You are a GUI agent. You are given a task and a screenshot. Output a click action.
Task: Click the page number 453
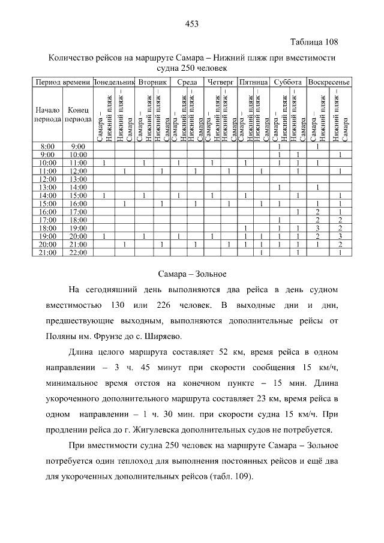click(192, 24)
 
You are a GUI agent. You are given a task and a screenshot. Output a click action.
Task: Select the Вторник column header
click(152, 82)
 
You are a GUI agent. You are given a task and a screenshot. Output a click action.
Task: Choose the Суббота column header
click(287, 82)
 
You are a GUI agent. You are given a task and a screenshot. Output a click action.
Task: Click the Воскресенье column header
click(329, 82)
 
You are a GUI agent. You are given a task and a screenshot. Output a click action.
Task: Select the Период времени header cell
click(62, 82)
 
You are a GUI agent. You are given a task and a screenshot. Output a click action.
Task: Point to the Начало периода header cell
click(47, 115)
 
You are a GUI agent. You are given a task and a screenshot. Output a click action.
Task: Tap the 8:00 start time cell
click(47, 146)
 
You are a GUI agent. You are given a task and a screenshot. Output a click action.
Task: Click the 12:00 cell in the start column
click(47, 179)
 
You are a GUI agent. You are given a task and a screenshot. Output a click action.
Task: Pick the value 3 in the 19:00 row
click(340, 236)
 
